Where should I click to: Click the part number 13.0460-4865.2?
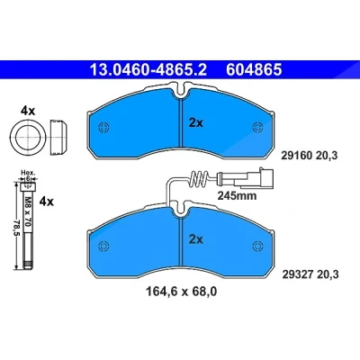148,69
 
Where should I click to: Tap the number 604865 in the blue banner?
254,69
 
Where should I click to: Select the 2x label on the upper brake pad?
196,122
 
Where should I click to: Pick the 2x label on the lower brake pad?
196,239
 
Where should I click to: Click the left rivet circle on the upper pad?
103,127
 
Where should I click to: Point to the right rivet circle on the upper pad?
257,127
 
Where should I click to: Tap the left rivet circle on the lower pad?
103,246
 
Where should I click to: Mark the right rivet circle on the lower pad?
257,246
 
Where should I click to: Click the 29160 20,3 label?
310,156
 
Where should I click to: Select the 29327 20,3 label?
310,274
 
